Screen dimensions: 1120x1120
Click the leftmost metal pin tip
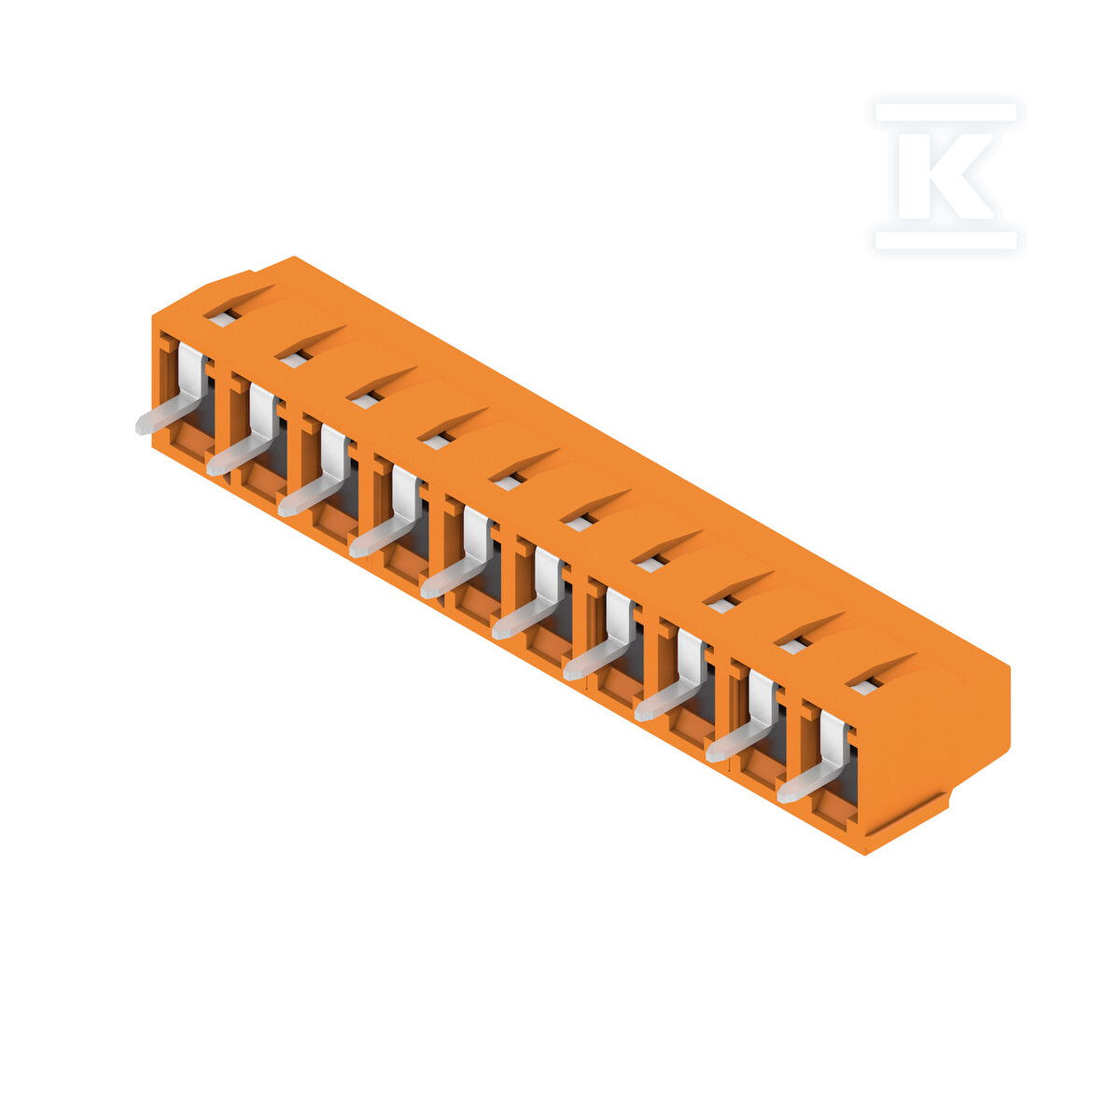(141, 427)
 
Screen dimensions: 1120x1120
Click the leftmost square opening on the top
(225, 317)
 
